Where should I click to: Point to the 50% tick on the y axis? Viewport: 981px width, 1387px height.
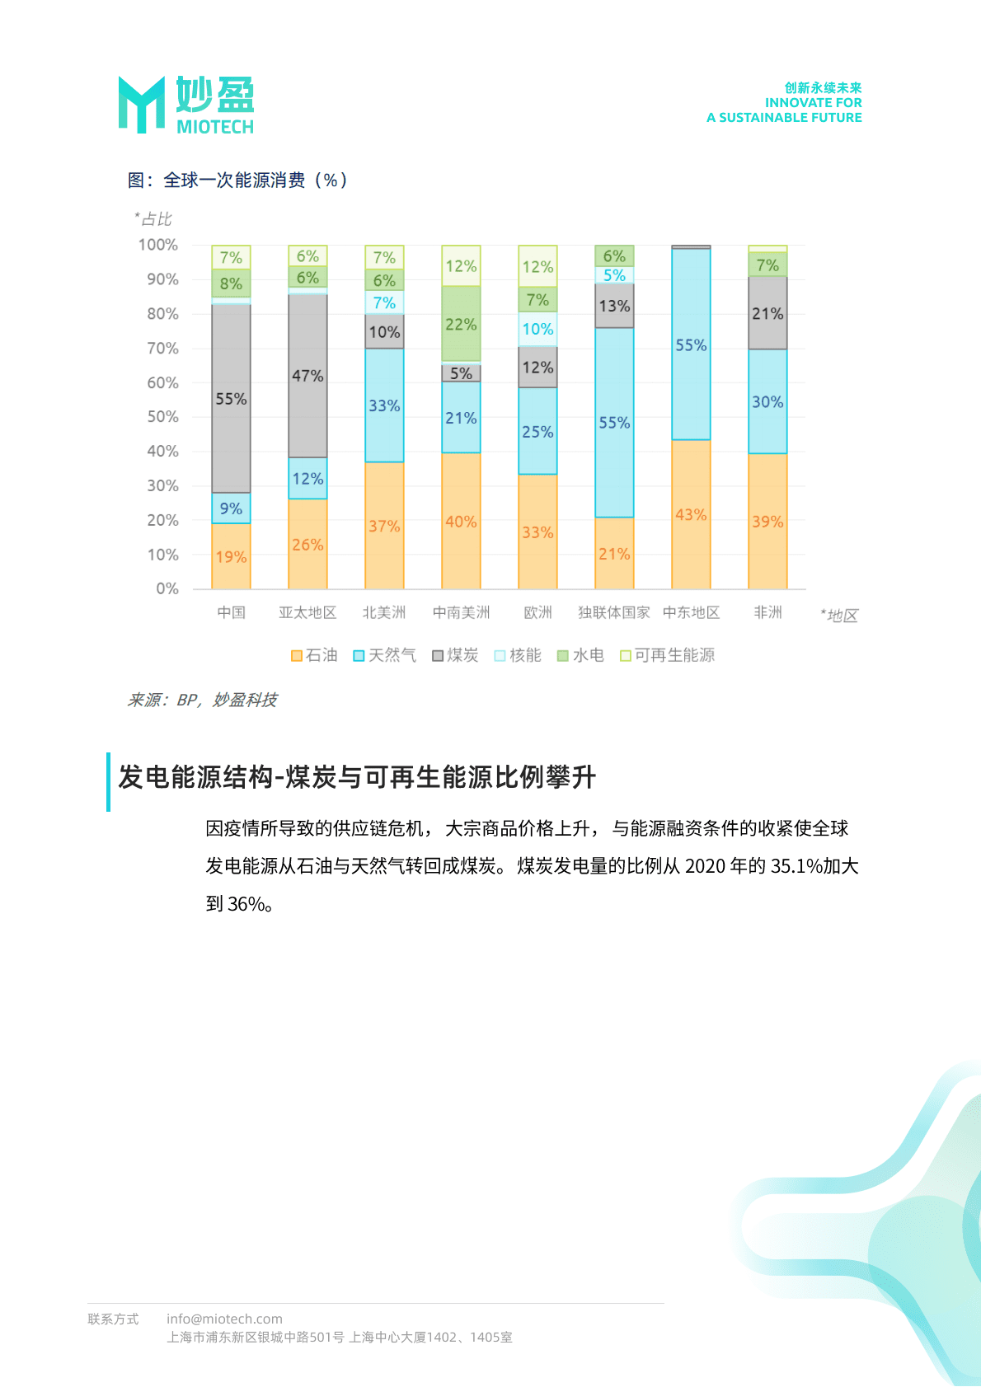coord(162,417)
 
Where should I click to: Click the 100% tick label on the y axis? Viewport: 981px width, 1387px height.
coord(158,245)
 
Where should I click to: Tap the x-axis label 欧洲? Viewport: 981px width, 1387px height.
coord(537,612)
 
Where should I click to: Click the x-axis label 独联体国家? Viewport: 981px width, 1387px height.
coord(614,612)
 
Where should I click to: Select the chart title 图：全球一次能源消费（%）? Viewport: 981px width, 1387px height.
coord(237,180)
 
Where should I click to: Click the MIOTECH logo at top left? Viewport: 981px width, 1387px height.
coord(186,105)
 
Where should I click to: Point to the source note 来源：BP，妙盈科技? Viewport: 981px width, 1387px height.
coord(202,700)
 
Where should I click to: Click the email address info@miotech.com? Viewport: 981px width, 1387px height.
coord(224,1319)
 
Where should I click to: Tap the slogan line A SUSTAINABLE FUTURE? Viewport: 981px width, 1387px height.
coord(784,118)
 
